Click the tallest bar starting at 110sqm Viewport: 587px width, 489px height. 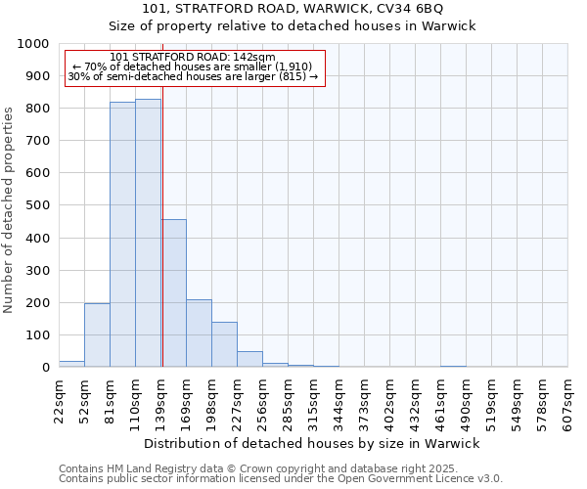pos(148,233)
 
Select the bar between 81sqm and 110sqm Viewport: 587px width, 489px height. pos(122,235)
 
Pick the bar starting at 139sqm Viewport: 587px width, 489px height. pos(174,293)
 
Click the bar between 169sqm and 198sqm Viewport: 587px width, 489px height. pos(199,333)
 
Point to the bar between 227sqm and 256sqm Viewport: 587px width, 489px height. pos(249,359)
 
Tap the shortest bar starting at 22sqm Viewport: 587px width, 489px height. pos(71,364)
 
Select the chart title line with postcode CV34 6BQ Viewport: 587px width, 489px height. pos(293,9)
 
